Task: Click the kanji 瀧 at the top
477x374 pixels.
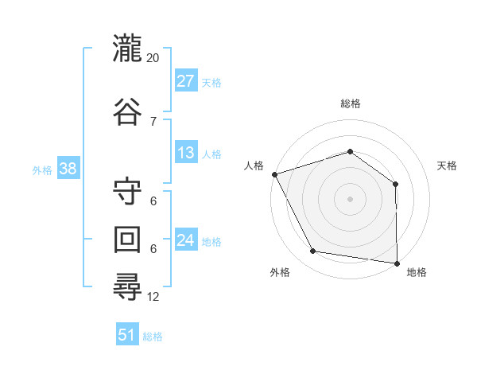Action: tap(127, 48)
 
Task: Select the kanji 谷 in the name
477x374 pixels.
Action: tap(127, 111)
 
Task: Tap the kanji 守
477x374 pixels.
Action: tap(127, 191)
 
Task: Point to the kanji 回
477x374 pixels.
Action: tap(127, 240)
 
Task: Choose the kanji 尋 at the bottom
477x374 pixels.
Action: tap(127, 287)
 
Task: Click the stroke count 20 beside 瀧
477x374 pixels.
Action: tap(153, 58)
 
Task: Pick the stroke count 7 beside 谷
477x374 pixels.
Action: tap(153, 122)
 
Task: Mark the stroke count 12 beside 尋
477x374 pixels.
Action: tap(153, 297)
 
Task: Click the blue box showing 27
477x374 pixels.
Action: tap(186, 80)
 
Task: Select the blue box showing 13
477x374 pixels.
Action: tap(186, 152)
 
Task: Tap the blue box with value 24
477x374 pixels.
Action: tap(186, 239)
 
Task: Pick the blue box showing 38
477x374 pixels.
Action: tap(68, 168)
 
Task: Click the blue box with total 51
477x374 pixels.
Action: tap(127, 333)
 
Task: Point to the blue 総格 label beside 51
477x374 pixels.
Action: tap(153, 337)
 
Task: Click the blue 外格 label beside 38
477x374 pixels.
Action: tap(42, 170)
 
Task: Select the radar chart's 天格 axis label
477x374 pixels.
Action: tap(447, 166)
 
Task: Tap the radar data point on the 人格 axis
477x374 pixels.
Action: tap(275, 174)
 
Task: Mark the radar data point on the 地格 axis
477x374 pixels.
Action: tap(397, 263)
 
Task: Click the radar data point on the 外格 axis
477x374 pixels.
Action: tap(312, 251)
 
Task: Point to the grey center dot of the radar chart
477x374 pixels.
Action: tap(350, 199)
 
